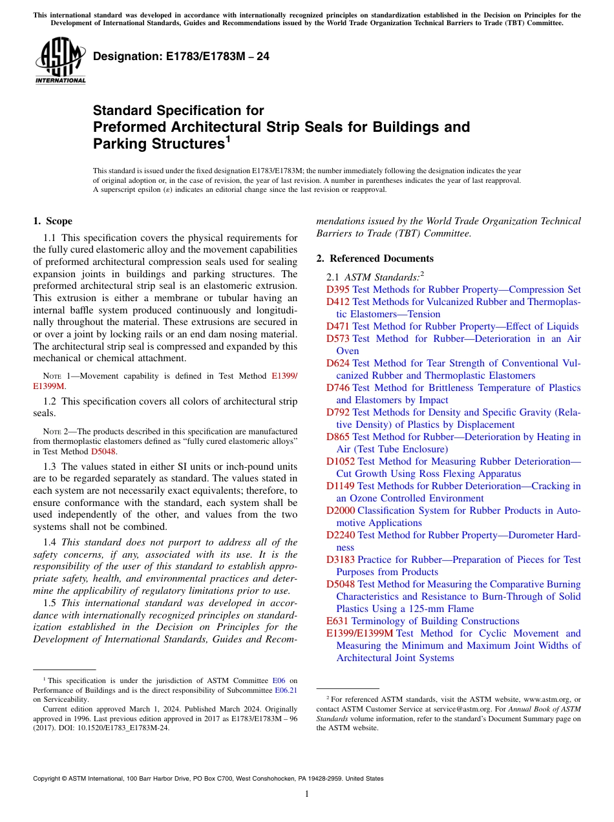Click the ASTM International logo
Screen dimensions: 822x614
(60, 61)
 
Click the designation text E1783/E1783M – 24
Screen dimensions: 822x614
(182, 57)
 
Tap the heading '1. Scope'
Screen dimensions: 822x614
(53, 221)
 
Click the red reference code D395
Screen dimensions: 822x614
(338, 290)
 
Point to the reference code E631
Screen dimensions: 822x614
(337, 621)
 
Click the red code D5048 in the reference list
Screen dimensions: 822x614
(341, 584)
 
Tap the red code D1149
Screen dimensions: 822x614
(341, 486)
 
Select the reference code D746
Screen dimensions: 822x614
(338, 388)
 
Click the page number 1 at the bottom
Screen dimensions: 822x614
(307, 794)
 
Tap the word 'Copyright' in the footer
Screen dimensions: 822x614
(48, 779)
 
